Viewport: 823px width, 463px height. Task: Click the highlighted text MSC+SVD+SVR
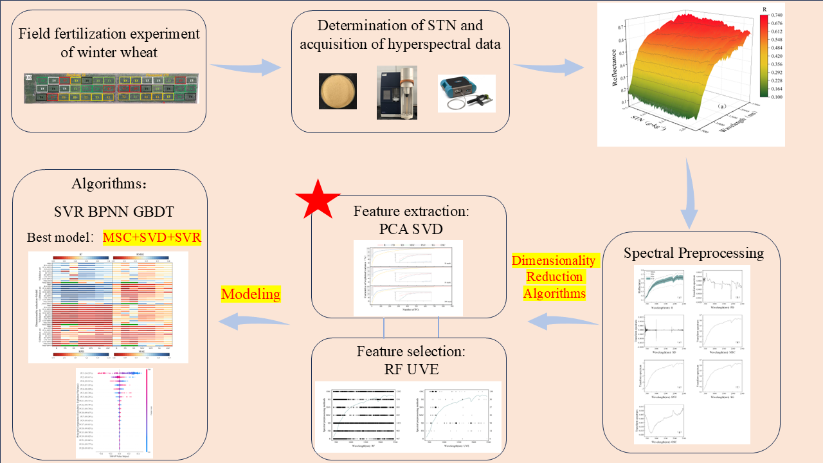coord(152,238)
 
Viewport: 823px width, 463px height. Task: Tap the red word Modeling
coord(250,295)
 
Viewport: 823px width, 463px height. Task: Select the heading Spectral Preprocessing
coord(694,253)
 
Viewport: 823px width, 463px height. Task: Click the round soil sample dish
coord(338,91)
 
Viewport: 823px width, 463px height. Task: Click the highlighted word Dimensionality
coord(555,261)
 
